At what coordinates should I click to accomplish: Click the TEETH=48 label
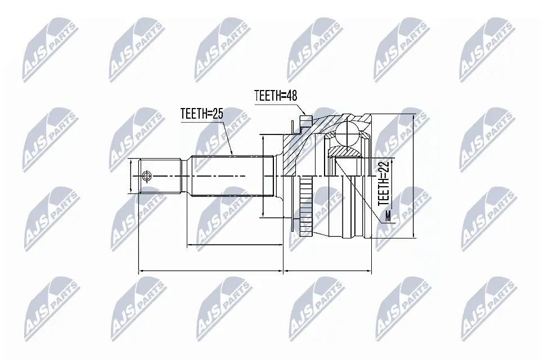click(275, 96)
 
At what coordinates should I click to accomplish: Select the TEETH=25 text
click(202, 114)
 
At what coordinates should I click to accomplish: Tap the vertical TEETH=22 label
click(384, 182)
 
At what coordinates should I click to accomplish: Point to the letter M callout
click(388, 217)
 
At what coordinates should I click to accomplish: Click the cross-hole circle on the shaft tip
click(147, 177)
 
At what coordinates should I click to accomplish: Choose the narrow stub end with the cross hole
click(160, 177)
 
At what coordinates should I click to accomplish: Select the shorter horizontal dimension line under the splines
click(234, 245)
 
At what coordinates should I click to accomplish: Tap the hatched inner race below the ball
click(345, 151)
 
